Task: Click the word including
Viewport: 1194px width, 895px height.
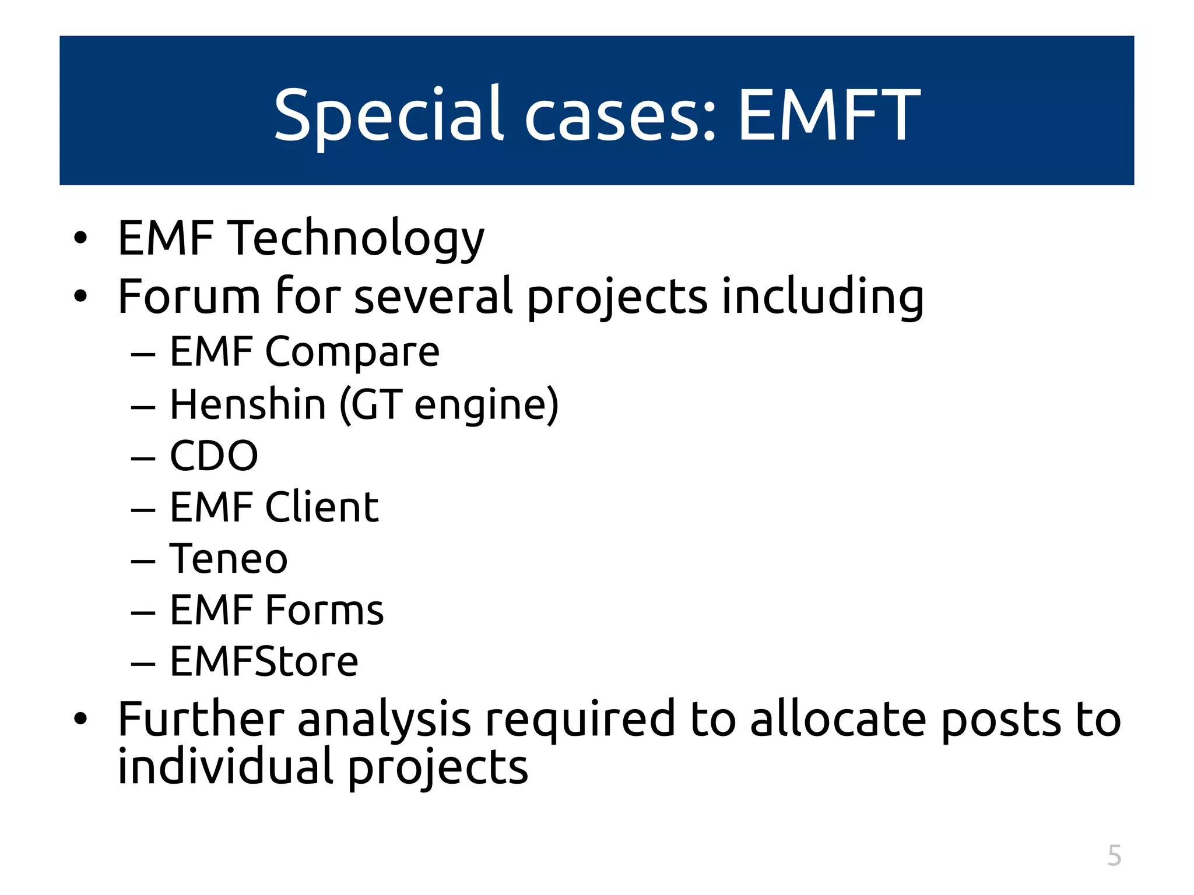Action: (x=823, y=297)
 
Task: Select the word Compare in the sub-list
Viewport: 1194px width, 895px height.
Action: (x=352, y=353)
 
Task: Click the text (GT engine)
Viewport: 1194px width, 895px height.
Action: (x=449, y=405)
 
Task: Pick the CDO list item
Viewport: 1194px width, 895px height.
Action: (x=213, y=456)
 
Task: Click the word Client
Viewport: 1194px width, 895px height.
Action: (x=322, y=507)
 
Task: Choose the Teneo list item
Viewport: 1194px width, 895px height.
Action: (x=229, y=559)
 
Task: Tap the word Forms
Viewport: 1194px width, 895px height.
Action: (x=324, y=610)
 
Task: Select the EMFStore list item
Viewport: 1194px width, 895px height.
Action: (x=264, y=662)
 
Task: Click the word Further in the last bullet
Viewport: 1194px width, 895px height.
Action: (x=201, y=719)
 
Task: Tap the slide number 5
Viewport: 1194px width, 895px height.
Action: (x=1114, y=855)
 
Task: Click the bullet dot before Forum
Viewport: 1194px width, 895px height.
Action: (x=80, y=297)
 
